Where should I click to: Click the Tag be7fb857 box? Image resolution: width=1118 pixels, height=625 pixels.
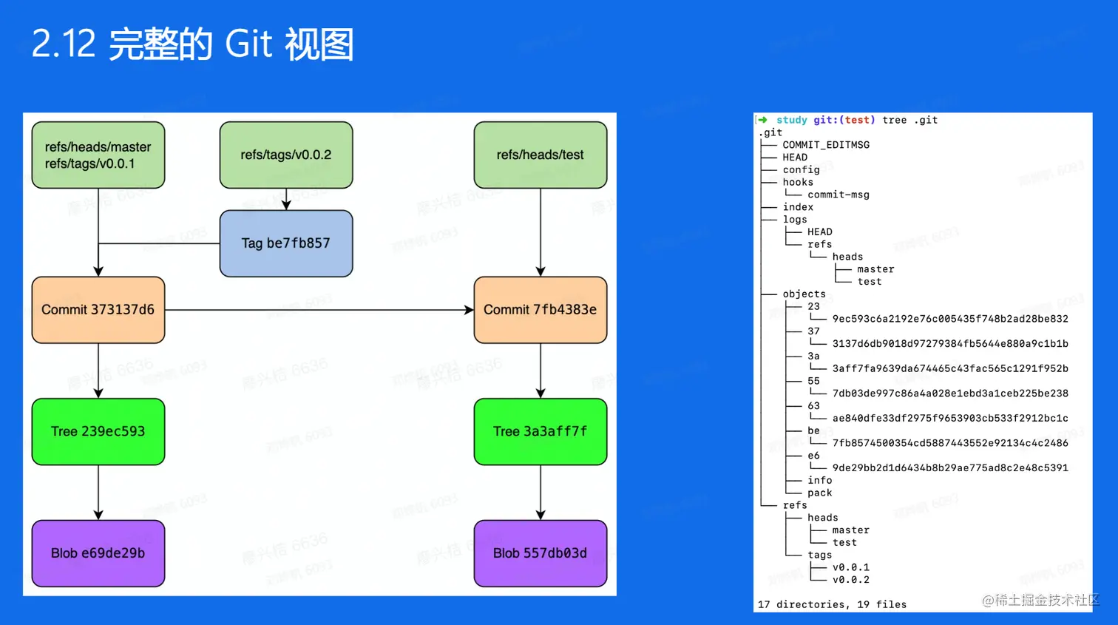tap(286, 243)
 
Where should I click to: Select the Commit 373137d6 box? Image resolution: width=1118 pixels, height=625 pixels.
tap(98, 310)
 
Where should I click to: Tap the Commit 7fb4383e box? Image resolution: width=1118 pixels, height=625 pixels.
tap(540, 310)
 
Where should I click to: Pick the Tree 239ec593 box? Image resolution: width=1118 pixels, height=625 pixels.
tap(98, 432)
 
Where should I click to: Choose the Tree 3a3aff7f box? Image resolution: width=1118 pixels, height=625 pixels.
tap(540, 432)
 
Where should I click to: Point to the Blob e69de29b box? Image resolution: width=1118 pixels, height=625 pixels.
tap(98, 553)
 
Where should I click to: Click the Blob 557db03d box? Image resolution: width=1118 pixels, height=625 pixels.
tap(540, 553)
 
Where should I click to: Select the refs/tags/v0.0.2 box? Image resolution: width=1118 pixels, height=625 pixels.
tap(286, 155)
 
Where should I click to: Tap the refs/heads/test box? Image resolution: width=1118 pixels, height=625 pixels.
tap(540, 155)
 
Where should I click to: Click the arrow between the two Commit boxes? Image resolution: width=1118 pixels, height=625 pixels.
tap(318, 310)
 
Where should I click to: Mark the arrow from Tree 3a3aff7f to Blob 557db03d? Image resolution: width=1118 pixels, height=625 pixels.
tap(541, 492)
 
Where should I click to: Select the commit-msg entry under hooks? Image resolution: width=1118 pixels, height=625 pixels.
tap(838, 195)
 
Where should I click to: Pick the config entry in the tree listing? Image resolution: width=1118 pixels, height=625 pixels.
tap(801, 170)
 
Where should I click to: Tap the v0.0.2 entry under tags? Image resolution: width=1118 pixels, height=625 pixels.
tap(851, 580)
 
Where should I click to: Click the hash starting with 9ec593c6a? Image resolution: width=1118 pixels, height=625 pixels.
tap(950, 319)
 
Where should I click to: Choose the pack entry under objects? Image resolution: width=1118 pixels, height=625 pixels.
tap(819, 493)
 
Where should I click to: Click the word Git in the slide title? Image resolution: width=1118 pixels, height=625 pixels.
tap(248, 44)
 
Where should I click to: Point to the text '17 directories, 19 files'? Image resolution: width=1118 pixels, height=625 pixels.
tap(832, 604)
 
